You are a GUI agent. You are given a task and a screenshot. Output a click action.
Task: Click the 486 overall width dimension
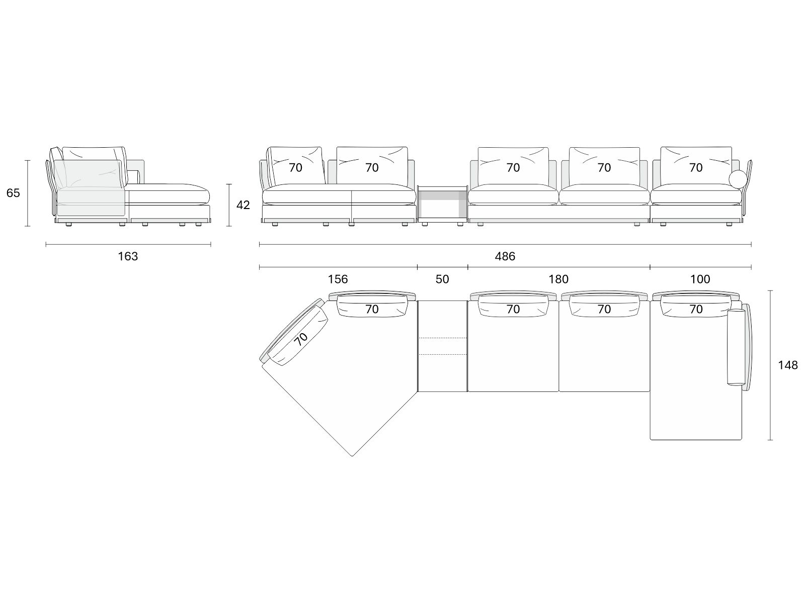[x=505, y=256]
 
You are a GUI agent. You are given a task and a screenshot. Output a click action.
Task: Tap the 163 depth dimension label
[x=128, y=256]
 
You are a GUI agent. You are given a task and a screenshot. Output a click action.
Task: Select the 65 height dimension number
[x=13, y=193]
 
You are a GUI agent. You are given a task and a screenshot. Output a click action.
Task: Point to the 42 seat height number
[x=243, y=205]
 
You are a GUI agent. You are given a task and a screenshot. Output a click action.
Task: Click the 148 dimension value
[x=788, y=365]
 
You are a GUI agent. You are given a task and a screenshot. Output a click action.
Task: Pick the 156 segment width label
[x=338, y=279]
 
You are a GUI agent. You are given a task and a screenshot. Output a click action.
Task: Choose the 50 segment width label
[x=442, y=279]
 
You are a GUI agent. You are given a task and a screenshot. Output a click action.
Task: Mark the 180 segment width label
[x=558, y=279]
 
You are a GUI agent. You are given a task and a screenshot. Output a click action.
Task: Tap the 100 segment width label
[x=700, y=279]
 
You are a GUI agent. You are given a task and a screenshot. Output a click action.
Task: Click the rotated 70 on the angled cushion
[x=301, y=339]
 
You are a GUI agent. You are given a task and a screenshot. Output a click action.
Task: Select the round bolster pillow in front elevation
[x=738, y=179]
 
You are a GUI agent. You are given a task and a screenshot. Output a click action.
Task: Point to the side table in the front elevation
[x=443, y=204]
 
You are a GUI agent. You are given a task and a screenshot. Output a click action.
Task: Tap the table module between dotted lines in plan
[x=443, y=346]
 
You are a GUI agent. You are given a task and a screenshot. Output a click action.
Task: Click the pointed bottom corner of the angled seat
[x=352, y=456]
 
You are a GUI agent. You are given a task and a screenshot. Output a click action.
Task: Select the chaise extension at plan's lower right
[x=696, y=416]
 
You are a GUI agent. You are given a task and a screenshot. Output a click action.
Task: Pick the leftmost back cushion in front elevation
[x=296, y=165]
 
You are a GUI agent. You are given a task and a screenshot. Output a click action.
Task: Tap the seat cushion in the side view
[x=168, y=194]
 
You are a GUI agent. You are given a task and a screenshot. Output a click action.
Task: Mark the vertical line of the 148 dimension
[x=770, y=365]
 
